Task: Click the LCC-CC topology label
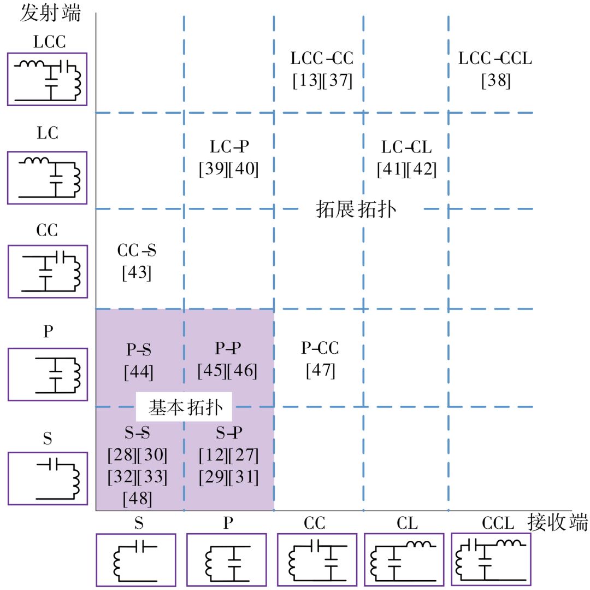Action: point(322,58)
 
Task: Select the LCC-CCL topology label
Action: point(495,58)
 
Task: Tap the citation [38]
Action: point(495,81)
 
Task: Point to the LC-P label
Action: point(229,146)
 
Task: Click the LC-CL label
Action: point(406,146)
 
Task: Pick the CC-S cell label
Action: point(137,250)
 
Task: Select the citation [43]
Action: point(137,272)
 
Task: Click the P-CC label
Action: point(320,348)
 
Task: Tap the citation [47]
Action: point(320,370)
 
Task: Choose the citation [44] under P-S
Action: point(139,372)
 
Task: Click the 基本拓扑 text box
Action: point(184,407)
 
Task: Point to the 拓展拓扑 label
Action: point(356,209)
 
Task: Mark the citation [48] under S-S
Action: point(137,499)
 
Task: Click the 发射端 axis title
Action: point(50,13)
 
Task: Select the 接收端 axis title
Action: point(557,523)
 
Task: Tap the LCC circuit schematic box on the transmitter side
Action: point(47,79)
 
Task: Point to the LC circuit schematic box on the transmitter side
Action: point(47,178)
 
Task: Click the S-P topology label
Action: point(228,433)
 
